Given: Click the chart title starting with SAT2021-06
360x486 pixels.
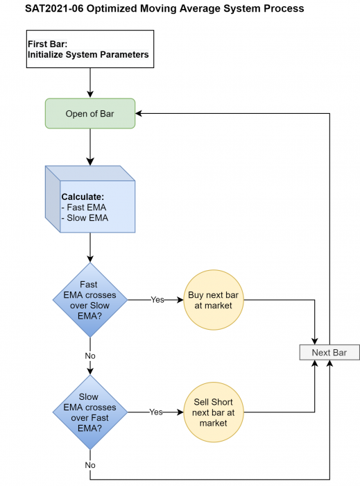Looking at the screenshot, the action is [x=164, y=8].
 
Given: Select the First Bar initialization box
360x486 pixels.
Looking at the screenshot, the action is [x=90, y=49].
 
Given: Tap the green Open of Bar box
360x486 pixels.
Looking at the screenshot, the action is [x=90, y=113].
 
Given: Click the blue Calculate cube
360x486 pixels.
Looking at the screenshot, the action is [x=90, y=199].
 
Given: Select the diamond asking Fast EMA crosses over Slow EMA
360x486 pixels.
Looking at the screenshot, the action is [x=90, y=300].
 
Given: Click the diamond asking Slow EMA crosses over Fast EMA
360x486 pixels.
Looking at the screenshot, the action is [x=90, y=412].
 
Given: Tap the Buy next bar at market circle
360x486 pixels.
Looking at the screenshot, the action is [x=214, y=300].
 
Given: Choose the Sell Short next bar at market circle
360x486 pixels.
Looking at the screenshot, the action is [x=214, y=412].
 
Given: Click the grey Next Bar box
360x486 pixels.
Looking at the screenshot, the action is [x=329, y=353].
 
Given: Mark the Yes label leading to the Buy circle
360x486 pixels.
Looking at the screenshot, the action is [x=157, y=300].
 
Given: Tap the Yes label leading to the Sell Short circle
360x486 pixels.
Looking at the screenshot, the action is [x=156, y=412].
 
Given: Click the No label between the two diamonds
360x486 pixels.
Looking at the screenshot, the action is [x=90, y=355].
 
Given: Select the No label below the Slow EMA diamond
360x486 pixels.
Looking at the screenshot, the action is [x=90, y=465].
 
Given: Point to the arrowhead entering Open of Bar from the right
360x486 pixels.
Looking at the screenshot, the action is [x=138, y=113].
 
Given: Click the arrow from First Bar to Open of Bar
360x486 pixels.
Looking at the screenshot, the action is [x=90, y=83].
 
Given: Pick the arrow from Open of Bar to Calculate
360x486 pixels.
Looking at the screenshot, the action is [x=90, y=147].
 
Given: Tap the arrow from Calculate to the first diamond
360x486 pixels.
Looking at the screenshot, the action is [x=90, y=248].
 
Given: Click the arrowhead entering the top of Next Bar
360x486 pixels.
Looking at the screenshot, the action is [x=314, y=342].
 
